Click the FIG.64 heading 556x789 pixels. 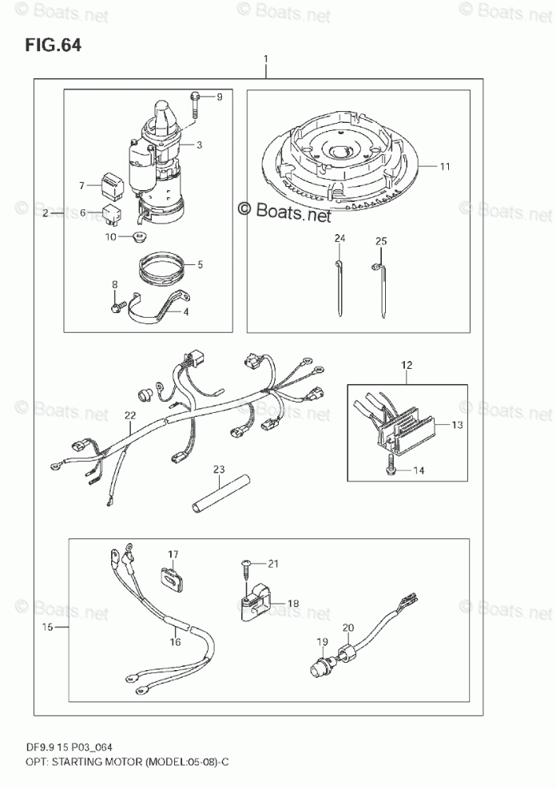(x=53, y=44)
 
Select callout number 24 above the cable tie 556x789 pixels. (x=340, y=240)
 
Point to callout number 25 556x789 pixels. (x=381, y=240)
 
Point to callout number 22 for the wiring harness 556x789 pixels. (x=129, y=415)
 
